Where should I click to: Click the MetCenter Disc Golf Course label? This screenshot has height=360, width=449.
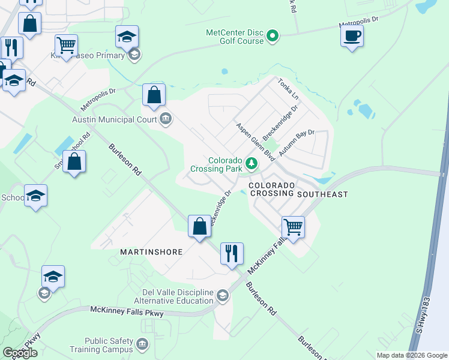coord(235,37)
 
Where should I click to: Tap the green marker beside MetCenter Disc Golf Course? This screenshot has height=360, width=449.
coord(273,37)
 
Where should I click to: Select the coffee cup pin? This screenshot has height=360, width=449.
coord(352,35)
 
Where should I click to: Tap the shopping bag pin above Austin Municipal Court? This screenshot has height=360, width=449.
coord(154,95)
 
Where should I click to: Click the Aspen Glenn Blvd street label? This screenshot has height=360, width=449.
coord(255,142)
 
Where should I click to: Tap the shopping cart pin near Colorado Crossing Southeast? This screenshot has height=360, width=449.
coord(293,227)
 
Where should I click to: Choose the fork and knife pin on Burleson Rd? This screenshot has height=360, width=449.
coord(232,253)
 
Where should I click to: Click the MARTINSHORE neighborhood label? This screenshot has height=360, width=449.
coord(151,252)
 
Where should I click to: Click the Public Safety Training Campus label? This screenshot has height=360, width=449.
coord(109,345)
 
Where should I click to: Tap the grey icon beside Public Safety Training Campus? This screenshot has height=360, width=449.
coord(142,345)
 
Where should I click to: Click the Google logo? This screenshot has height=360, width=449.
coord(20,352)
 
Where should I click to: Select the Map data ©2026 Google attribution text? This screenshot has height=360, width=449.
coord(411,355)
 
